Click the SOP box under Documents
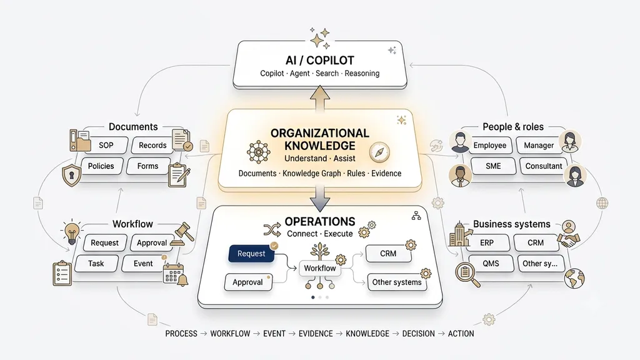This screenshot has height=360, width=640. [106, 145]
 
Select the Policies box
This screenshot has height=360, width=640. [101, 166]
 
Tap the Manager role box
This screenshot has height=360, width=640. [539, 145]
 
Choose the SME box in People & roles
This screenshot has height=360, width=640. [493, 166]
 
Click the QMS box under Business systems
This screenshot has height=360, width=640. [491, 264]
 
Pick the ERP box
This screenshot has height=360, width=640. [486, 243]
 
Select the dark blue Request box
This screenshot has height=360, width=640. [251, 254]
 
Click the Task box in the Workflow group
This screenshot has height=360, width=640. [96, 264]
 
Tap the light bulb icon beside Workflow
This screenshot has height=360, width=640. [72, 231]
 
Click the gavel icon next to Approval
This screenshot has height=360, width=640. [183, 234]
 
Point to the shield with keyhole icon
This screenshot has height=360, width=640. [71, 176]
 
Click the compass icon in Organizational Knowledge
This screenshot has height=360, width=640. [379, 152]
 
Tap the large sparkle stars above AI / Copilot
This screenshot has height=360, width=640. [320, 38]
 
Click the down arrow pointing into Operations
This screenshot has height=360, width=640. [320, 198]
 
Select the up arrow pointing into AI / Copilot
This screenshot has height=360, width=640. [320, 98]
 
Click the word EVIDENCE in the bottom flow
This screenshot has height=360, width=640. [316, 334]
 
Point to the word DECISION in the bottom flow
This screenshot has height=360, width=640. [418, 334]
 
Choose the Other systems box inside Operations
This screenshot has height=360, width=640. [397, 282]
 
